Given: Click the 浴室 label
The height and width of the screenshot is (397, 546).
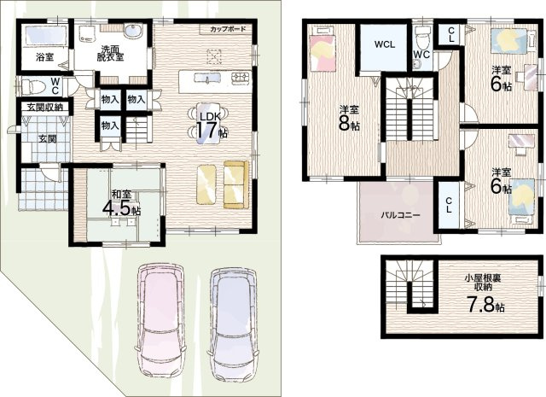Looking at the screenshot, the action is pyautogui.click(x=45, y=57).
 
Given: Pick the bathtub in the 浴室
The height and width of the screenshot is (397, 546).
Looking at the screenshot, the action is pyautogui.click(x=45, y=36).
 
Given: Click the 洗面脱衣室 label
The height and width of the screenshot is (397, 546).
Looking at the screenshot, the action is pyautogui.click(x=110, y=54).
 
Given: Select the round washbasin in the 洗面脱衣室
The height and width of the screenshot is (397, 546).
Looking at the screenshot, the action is pyautogui.click(x=133, y=32).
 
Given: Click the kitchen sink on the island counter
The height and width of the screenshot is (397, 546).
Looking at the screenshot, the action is pyautogui.click(x=206, y=78).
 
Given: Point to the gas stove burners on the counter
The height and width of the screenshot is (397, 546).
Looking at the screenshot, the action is pyautogui.click(x=241, y=78).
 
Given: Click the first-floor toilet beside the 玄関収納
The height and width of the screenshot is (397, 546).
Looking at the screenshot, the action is pyautogui.click(x=33, y=87).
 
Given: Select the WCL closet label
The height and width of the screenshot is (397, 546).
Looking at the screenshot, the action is pyautogui.click(x=385, y=44).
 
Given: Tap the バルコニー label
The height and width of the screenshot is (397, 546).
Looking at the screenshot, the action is pyautogui.click(x=400, y=215).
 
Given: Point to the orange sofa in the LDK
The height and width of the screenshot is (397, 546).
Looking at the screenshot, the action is pyautogui.click(x=236, y=184).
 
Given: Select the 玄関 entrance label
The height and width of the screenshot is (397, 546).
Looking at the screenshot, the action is pyautogui.click(x=48, y=138).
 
